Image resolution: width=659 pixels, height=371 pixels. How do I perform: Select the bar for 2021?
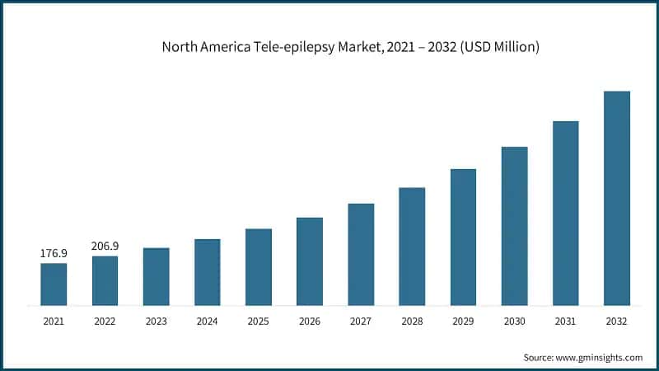click(x=54, y=284)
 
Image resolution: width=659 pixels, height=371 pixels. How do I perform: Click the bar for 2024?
click(x=207, y=272)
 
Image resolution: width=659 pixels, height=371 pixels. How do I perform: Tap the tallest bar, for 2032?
click(x=616, y=198)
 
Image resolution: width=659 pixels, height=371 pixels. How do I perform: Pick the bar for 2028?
click(x=412, y=247)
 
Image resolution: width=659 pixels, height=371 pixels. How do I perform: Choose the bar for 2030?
click(x=514, y=226)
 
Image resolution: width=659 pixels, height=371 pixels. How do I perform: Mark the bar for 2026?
click(x=310, y=261)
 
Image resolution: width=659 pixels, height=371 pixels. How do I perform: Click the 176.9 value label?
click(x=54, y=253)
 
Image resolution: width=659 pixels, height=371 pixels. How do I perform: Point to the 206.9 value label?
click(x=105, y=246)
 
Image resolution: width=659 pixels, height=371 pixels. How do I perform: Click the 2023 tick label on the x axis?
click(x=156, y=322)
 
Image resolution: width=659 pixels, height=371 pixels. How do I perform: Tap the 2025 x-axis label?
click(x=258, y=322)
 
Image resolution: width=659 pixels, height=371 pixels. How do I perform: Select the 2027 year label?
click(x=361, y=322)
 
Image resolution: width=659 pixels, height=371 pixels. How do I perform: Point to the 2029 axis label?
click(x=463, y=322)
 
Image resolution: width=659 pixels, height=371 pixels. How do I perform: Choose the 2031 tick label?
click(x=565, y=322)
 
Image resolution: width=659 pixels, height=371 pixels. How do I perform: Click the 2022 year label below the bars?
click(x=105, y=322)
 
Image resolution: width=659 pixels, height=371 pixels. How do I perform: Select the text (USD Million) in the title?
click(x=499, y=47)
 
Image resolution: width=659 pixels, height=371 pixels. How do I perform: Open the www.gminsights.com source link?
click(x=601, y=357)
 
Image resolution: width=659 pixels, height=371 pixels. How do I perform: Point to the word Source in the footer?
click(x=540, y=357)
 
